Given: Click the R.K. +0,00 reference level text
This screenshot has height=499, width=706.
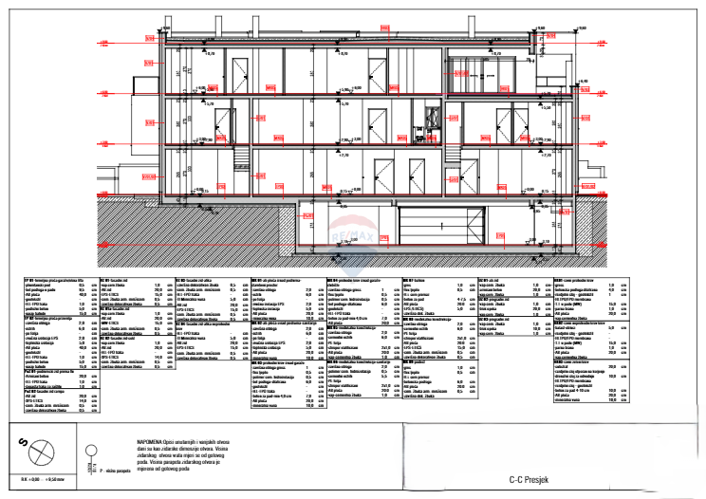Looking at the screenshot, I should (37, 482).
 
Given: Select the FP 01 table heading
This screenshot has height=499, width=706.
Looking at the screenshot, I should (29, 281).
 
